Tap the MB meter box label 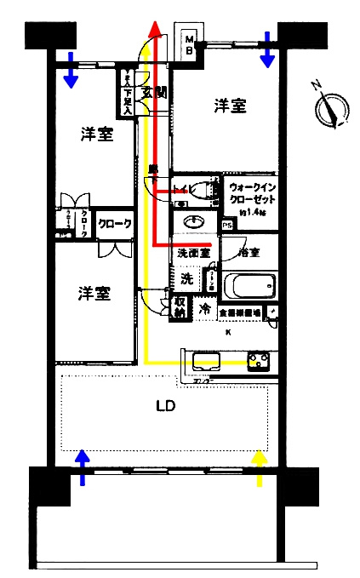pyautogui.click(x=191, y=43)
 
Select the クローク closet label pyautogui.click(x=114, y=225)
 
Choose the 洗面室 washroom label pyautogui.click(x=194, y=253)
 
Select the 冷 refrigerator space pyautogui.click(x=205, y=310)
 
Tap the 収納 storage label pyautogui.click(x=180, y=306)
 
